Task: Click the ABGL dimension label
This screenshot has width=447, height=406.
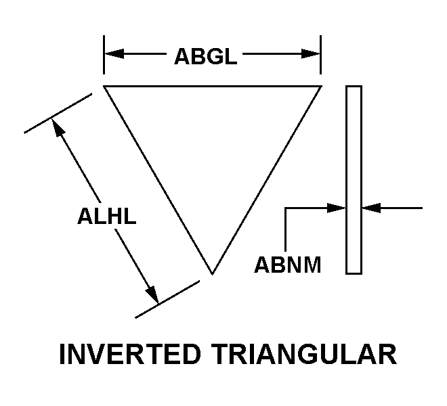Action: coord(205,56)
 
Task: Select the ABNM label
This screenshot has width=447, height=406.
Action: coord(287,264)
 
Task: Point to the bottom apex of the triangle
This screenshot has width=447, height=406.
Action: coord(212,274)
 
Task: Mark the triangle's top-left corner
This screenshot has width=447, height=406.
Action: coord(104,87)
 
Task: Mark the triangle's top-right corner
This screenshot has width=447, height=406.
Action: coord(320,87)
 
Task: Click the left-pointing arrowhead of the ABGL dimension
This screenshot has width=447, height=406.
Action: coord(112,54)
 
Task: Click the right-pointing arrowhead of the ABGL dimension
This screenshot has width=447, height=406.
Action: coord(312,54)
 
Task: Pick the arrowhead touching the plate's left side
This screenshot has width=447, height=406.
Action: coord(338,208)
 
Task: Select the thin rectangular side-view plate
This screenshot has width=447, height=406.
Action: coord(354,179)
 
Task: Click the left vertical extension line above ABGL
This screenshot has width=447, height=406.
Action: coord(104,54)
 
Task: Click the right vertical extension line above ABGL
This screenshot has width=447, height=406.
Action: coord(320,54)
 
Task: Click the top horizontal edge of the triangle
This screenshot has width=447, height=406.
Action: coord(212,87)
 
